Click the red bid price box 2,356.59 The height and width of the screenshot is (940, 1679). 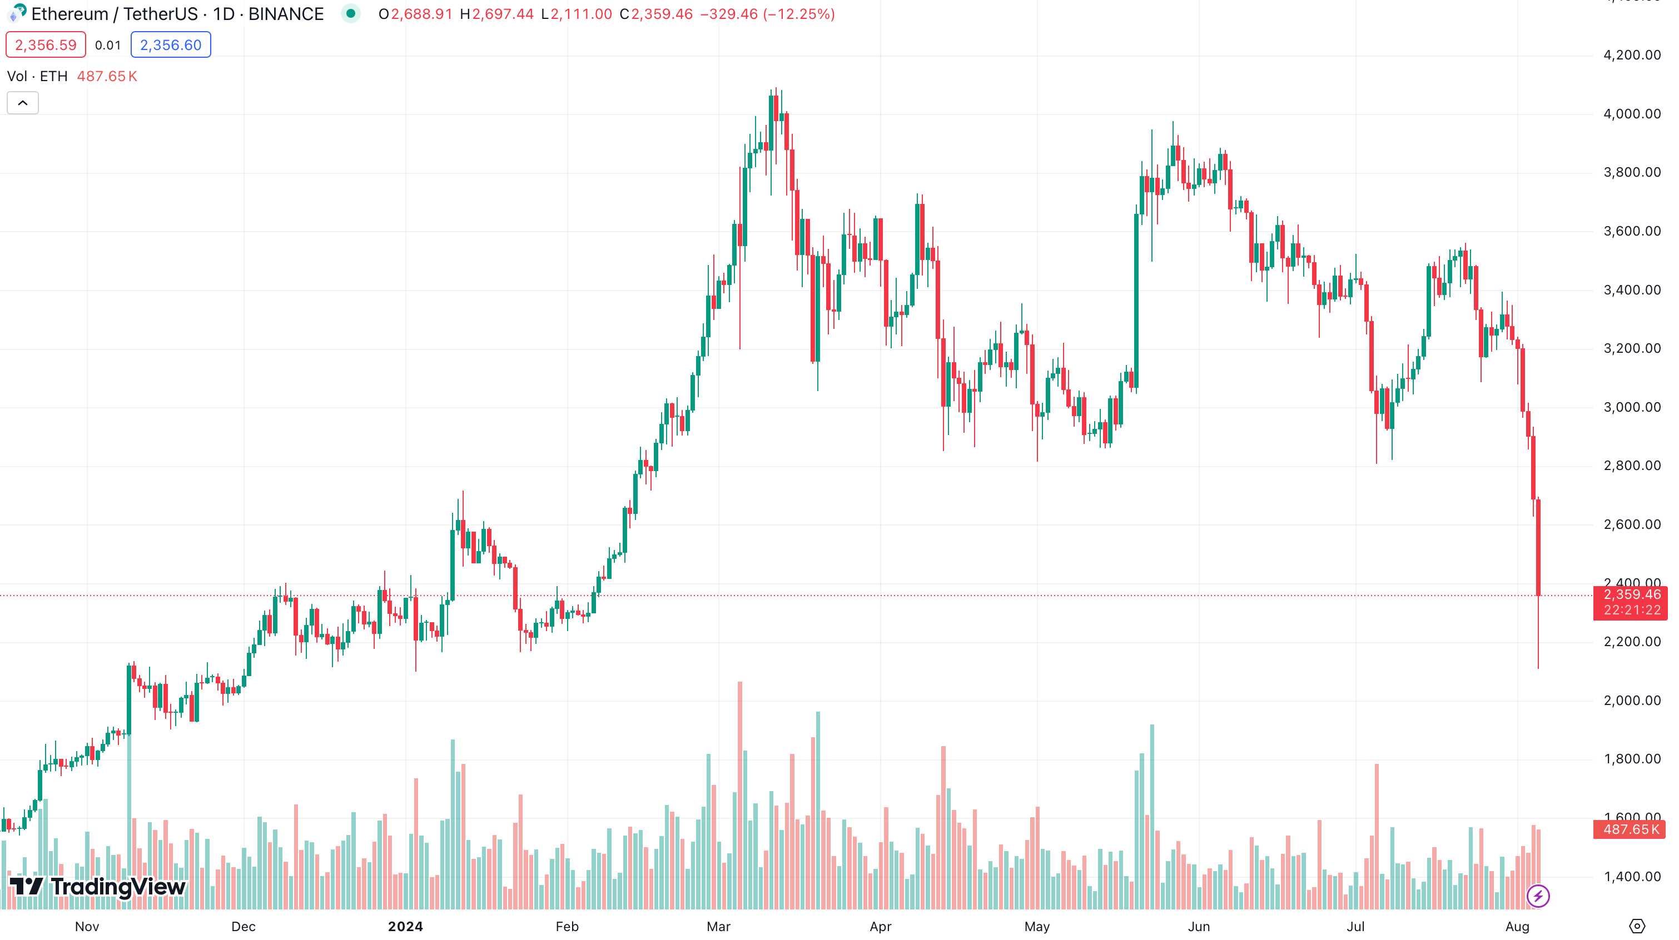46,45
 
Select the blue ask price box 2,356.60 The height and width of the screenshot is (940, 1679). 171,45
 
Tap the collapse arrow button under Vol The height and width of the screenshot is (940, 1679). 23,103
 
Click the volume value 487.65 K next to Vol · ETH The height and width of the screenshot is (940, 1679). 107,76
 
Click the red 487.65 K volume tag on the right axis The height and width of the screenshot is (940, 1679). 1631,829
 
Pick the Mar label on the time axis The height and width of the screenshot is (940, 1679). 718,926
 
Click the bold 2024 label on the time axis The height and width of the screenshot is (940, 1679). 405,926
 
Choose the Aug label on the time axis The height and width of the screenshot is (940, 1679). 1517,926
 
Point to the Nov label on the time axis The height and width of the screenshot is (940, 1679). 87,926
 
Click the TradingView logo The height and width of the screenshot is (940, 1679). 98,887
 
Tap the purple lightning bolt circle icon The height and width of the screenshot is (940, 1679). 1538,896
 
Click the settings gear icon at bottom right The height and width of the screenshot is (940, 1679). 1637,926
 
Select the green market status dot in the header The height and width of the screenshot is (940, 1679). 351,14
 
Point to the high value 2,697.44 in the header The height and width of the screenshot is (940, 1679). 503,14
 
